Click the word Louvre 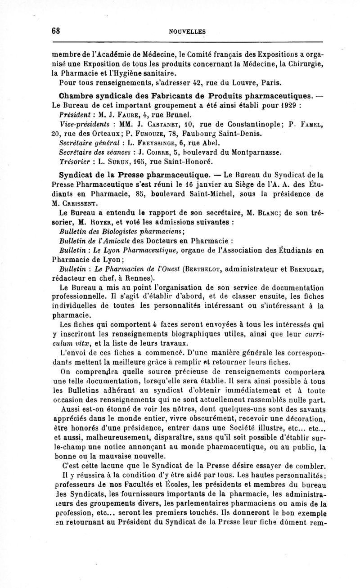[x=235, y=83]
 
